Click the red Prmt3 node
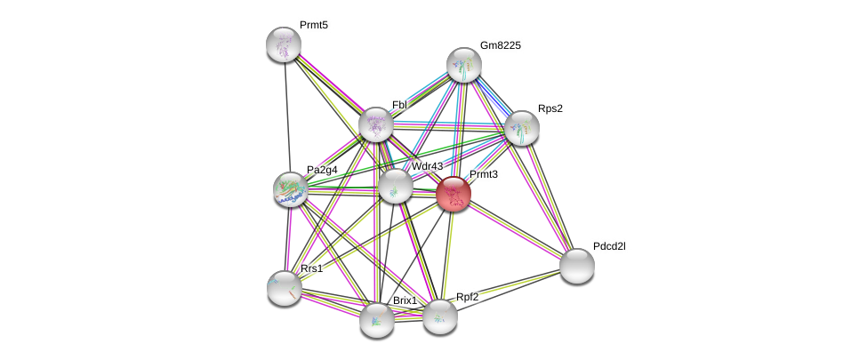click(x=454, y=194)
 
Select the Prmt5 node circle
click(x=284, y=44)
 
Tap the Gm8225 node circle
click(x=463, y=64)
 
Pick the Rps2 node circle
click(x=522, y=128)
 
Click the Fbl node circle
click(x=376, y=124)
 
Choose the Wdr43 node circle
click(x=395, y=187)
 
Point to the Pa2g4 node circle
click(x=290, y=188)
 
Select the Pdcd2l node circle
click(x=576, y=265)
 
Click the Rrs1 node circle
click(x=285, y=287)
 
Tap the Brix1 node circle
click(x=377, y=320)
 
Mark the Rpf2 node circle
click(x=439, y=316)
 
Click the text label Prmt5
click(x=314, y=25)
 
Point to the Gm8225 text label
click(x=500, y=44)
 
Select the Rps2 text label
click(x=550, y=108)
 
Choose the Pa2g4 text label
click(x=322, y=169)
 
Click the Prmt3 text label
click(x=484, y=174)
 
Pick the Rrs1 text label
click(x=311, y=268)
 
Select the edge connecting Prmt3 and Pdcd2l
click(x=515, y=229)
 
